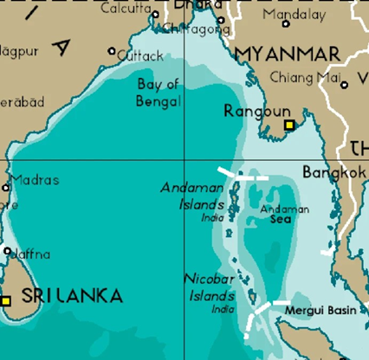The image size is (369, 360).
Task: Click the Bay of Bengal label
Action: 159,92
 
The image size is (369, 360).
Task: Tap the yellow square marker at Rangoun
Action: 290,125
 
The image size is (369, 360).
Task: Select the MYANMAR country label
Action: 288,55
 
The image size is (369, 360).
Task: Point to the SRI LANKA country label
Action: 72,295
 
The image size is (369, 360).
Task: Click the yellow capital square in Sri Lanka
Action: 6,300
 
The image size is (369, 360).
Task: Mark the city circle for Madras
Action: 7,187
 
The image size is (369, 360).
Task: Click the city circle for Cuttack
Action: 111,52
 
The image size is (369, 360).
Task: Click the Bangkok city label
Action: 333,172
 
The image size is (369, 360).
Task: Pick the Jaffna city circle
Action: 8,252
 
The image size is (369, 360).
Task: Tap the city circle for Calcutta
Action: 155,14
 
